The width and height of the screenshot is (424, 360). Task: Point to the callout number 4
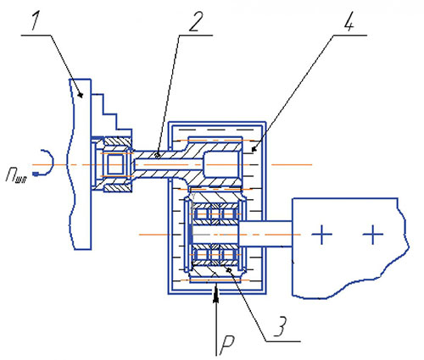(349, 21)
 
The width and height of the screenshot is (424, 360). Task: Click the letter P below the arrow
(227, 345)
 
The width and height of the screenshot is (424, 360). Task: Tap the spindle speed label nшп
(16, 175)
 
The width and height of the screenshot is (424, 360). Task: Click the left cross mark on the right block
(321, 235)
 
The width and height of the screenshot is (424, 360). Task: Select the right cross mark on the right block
(373, 235)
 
